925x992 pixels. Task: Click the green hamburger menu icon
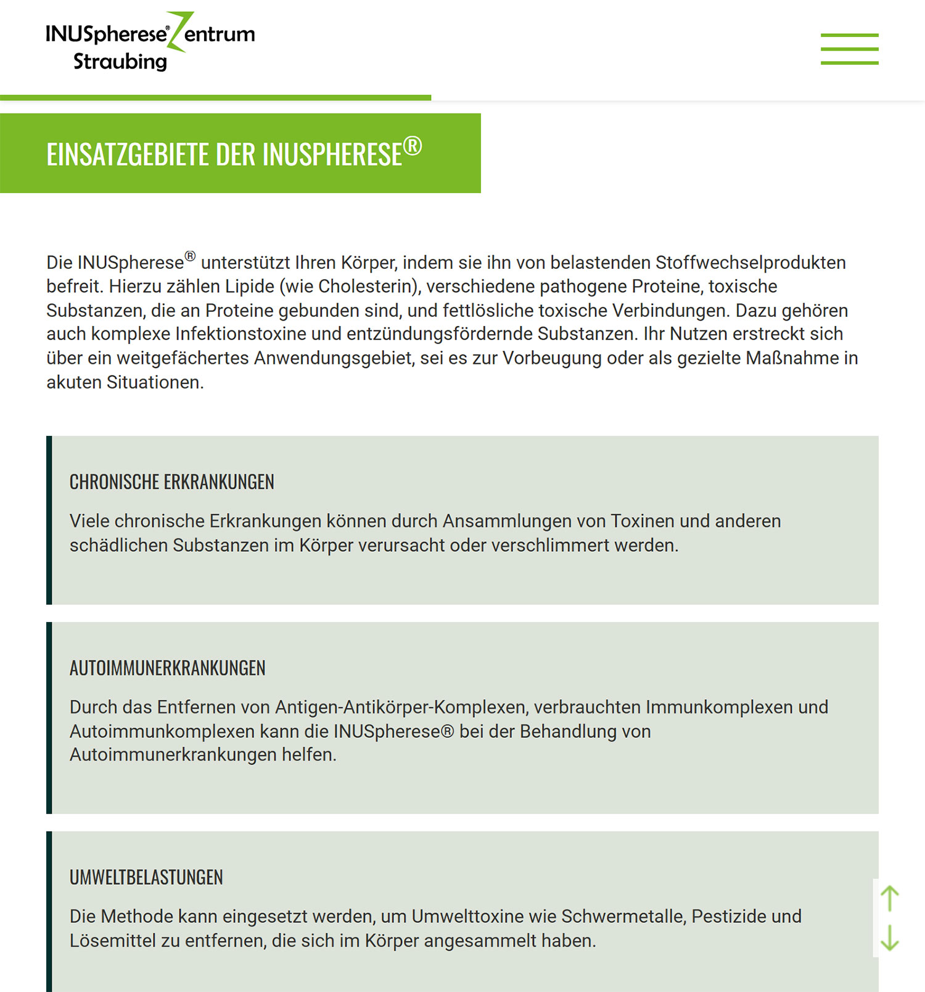pos(849,49)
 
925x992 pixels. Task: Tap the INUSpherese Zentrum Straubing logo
pos(150,41)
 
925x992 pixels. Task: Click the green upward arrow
pos(889,898)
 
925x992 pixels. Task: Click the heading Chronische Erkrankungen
pos(171,482)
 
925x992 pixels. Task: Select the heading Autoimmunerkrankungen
pos(167,668)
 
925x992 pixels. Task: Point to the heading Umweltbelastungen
pos(146,877)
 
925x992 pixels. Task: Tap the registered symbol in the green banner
pos(413,146)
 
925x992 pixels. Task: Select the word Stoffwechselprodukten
pos(750,263)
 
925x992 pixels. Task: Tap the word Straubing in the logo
pos(120,62)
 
